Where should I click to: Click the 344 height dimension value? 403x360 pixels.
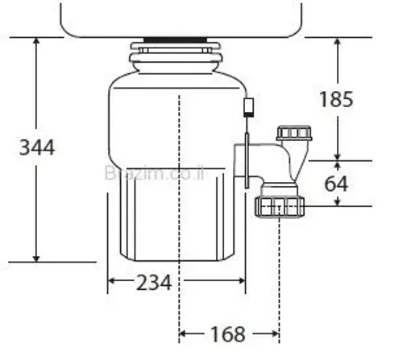37,147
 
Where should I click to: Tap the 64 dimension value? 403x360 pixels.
336,184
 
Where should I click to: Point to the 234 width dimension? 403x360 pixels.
152,282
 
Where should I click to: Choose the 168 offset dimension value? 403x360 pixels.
228,332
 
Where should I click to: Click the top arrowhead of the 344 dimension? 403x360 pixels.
36,41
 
